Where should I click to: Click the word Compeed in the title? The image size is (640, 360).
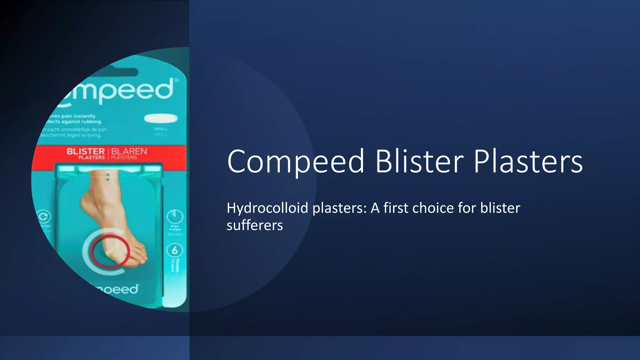296,162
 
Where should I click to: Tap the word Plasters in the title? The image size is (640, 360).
528,162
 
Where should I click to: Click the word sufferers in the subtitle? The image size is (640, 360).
255,225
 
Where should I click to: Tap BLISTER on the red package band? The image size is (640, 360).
85,151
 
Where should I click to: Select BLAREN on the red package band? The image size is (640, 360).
129,151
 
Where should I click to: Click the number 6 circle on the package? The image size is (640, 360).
175,250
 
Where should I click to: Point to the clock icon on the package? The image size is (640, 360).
175,216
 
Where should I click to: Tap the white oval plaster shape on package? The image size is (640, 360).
161,119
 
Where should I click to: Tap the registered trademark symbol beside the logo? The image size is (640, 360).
176,80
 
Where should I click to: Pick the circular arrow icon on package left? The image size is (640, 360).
43,217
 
